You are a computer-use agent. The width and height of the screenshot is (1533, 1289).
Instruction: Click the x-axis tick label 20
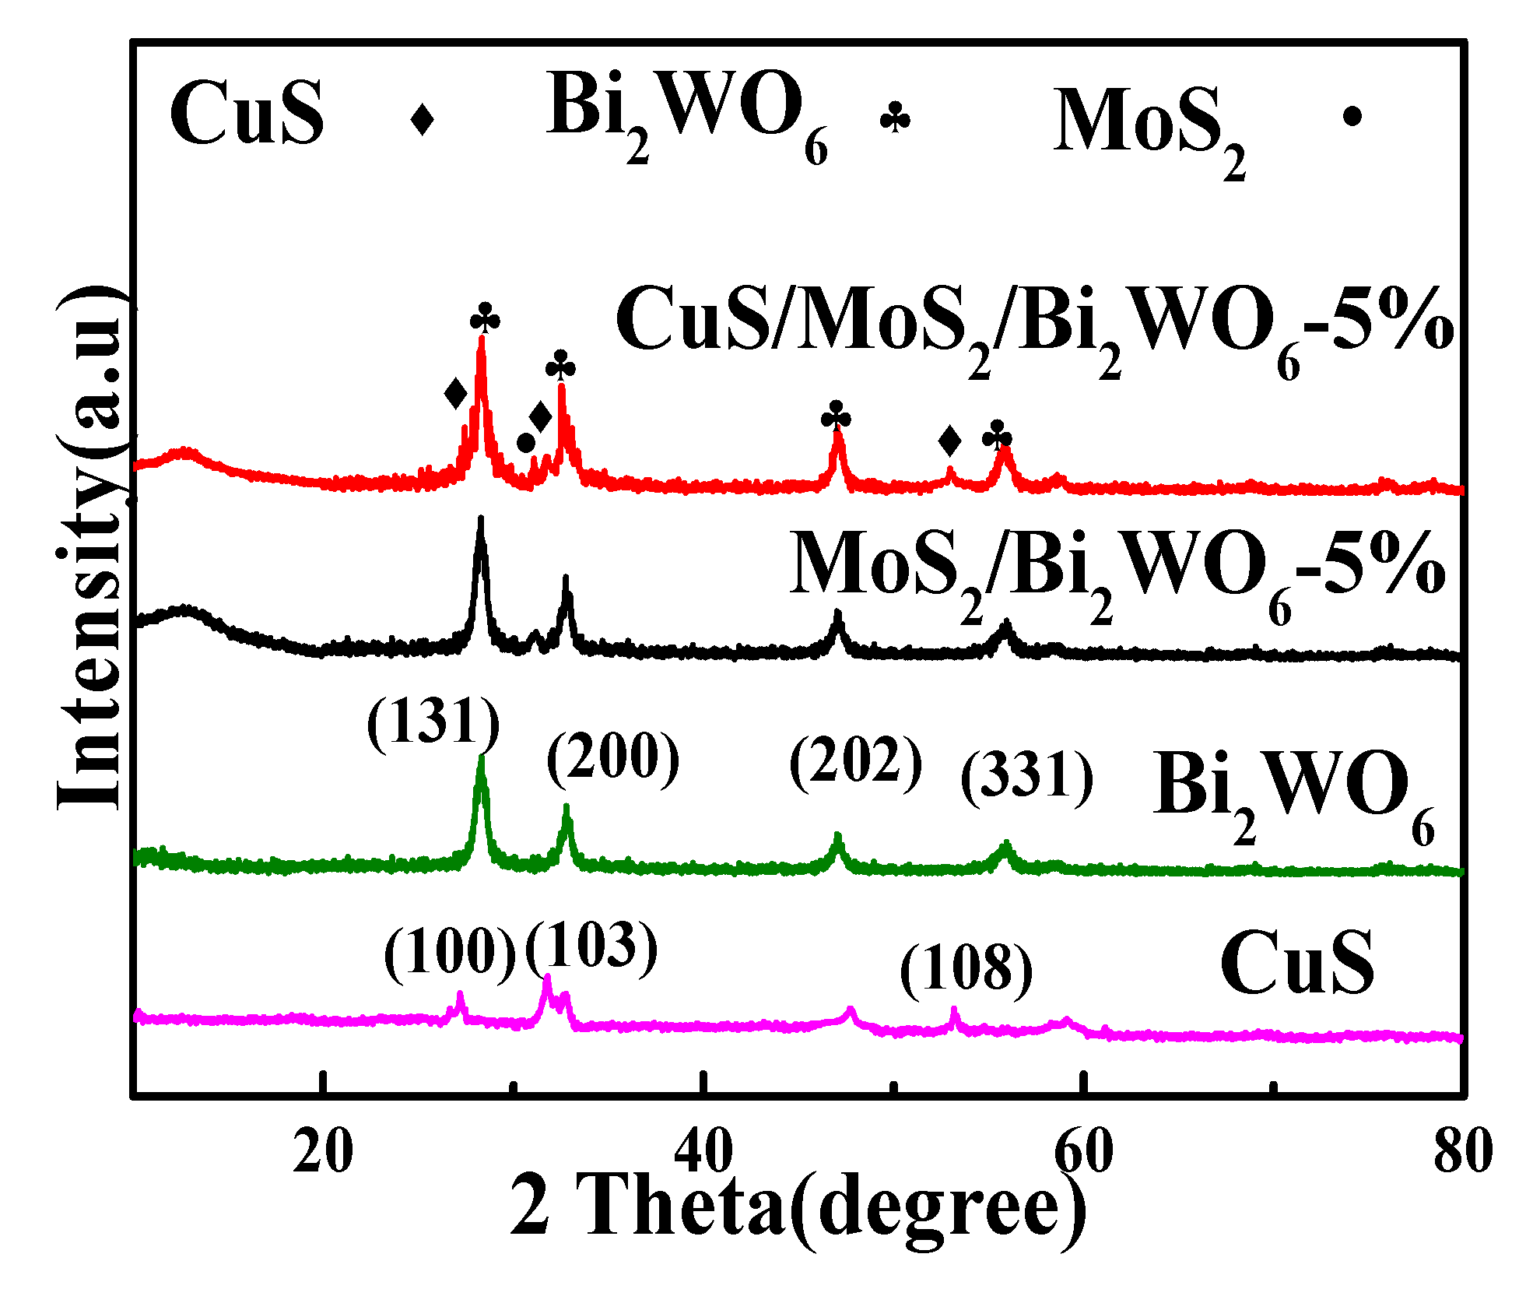[322, 1153]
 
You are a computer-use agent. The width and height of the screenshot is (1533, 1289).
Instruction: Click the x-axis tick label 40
[703, 1153]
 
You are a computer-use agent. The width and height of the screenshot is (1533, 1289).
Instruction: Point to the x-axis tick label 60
[1083, 1153]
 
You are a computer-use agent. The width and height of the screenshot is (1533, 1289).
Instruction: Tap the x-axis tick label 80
[1463, 1153]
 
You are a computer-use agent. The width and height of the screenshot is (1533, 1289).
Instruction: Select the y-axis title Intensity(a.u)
[89, 549]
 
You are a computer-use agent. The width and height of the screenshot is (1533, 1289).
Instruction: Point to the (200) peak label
[613, 757]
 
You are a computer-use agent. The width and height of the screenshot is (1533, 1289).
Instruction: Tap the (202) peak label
[856, 760]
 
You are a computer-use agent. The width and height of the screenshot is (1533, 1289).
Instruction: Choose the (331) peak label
[1027, 776]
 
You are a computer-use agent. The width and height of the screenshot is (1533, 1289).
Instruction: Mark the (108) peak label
[966, 969]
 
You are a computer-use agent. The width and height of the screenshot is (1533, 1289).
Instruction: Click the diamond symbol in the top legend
[422, 119]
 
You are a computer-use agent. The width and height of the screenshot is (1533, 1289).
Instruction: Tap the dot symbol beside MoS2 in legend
[1352, 117]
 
